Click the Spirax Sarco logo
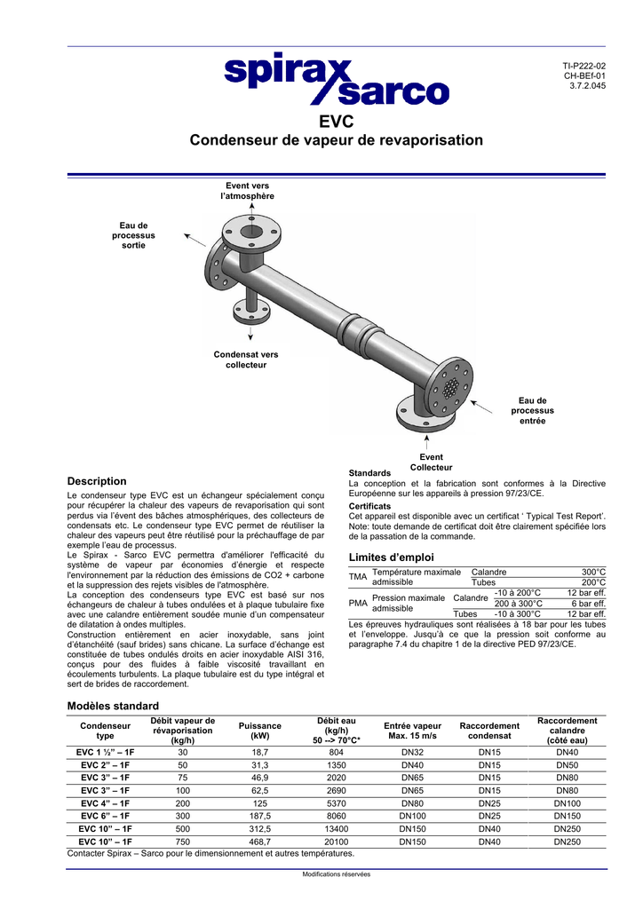click(337, 80)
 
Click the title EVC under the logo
click(336, 122)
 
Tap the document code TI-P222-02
click(585, 66)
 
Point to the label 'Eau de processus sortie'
click(133, 235)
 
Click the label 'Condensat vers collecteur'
click(246, 360)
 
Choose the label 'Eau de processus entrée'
click(532, 410)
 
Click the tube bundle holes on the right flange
click(452, 388)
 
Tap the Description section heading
click(97, 481)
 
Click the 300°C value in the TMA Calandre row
click(593, 573)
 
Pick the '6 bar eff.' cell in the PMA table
click(588, 603)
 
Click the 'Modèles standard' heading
click(113, 705)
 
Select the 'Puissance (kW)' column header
click(259, 731)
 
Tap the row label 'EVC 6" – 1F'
click(105, 816)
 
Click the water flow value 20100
click(336, 842)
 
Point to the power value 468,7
click(260, 842)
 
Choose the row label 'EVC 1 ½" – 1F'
click(105, 752)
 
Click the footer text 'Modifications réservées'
click(337, 873)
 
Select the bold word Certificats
click(371, 506)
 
